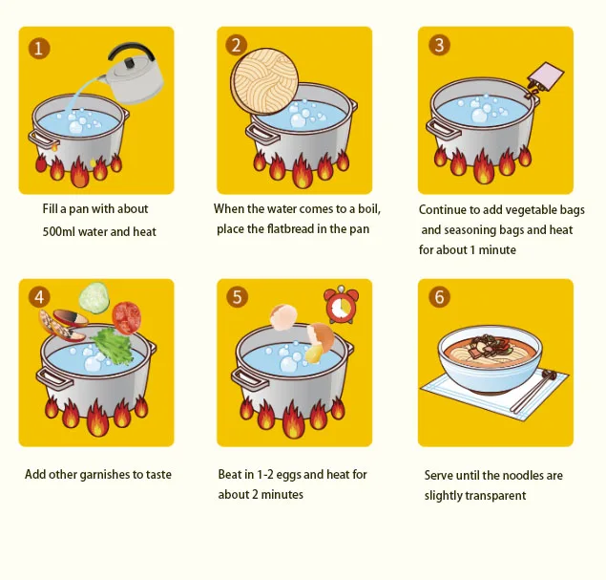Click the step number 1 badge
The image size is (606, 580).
point(39,49)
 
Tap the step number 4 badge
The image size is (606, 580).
point(39,297)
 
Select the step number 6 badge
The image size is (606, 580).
point(439,297)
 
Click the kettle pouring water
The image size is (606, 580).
point(134,75)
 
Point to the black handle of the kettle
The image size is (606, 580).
point(131,51)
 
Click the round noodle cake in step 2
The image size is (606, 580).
point(264,81)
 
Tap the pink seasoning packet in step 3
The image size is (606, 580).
point(546,76)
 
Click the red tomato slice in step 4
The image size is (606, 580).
point(126,317)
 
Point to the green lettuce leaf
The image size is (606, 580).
point(112,346)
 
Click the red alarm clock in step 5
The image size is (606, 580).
point(342,305)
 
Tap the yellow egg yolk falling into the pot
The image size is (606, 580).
point(314,352)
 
